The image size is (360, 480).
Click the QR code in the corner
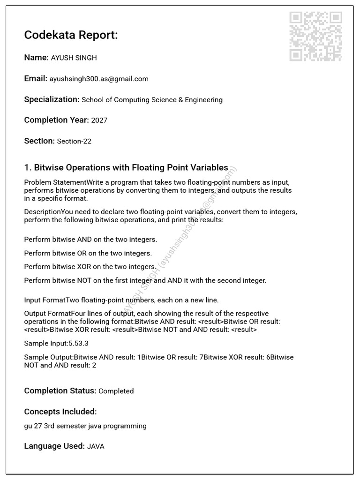[x=315, y=37]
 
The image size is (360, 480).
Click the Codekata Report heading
[x=71, y=35]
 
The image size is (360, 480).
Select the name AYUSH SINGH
[x=74, y=58]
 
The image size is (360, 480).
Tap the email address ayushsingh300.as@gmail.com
[x=99, y=79]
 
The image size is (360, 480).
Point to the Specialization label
[x=52, y=99]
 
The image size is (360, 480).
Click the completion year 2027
[x=99, y=120]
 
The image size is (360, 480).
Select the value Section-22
[x=74, y=141]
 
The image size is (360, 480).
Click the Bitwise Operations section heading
[x=126, y=168]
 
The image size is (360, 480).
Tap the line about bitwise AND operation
[x=90, y=240]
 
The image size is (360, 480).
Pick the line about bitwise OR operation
[x=88, y=253]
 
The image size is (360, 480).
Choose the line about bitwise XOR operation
[x=90, y=267]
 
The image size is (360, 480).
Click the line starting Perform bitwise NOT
[x=145, y=281]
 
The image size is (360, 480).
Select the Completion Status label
[x=60, y=391]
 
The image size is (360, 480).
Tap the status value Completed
[x=116, y=391]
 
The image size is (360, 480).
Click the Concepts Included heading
[x=60, y=412]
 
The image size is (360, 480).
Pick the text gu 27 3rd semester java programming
[x=85, y=426]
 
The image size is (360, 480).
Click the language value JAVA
[x=96, y=447]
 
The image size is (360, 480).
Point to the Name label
[x=36, y=58]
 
